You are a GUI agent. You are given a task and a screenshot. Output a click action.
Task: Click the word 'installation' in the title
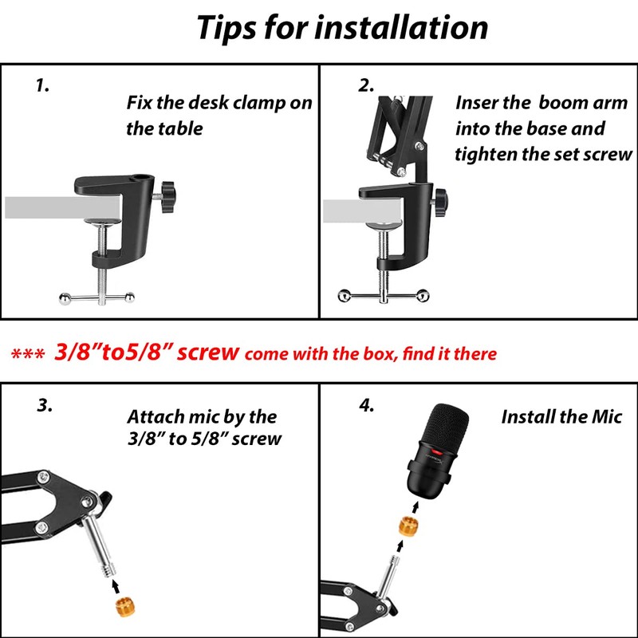point(401,28)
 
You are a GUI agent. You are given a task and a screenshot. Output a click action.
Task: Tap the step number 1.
point(42,85)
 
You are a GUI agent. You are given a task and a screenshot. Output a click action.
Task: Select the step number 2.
point(366,85)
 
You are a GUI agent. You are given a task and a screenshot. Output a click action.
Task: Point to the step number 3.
point(45,405)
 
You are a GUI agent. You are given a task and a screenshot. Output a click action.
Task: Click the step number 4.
point(366,405)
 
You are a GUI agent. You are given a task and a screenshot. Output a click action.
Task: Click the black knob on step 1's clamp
point(167,197)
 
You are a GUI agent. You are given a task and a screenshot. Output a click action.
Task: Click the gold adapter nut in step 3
point(125,607)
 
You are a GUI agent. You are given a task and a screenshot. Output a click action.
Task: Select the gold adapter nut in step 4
point(409,526)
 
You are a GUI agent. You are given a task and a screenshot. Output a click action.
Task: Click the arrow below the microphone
point(415,508)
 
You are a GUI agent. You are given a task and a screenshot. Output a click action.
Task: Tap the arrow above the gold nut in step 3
point(116,586)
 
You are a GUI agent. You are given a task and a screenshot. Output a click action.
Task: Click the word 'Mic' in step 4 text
point(607,417)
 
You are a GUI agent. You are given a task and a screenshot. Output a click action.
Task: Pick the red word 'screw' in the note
point(207,352)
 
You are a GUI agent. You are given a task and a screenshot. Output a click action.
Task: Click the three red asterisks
point(28,353)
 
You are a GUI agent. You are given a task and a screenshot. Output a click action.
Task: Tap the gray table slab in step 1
point(63,207)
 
